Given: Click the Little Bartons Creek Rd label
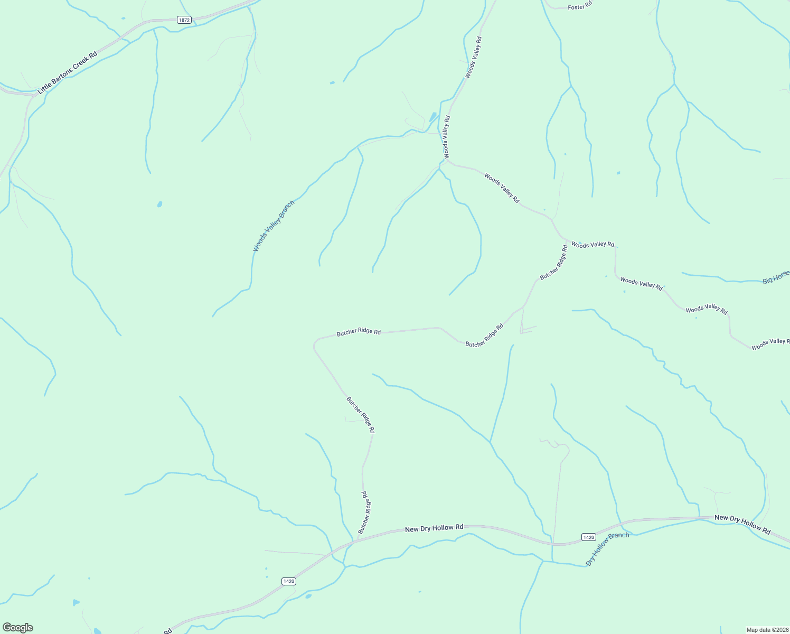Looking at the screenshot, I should click(x=68, y=73).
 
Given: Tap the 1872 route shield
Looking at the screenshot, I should click(x=184, y=20).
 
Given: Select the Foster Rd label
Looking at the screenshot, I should click(x=580, y=7).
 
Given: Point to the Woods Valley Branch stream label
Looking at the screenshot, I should click(x=274, y=226).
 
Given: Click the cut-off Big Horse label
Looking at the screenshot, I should click(x=776, y=277).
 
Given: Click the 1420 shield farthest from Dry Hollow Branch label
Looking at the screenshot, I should click(x=288, y=581).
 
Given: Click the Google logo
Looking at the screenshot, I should click(x=17, y=628).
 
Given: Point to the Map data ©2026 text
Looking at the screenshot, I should click(x=767, y=630).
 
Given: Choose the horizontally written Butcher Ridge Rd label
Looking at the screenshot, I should click(x=359, y=332).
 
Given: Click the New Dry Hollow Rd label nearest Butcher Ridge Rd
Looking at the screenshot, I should click(x=434, y=528).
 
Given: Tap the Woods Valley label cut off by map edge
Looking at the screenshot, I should click(x=770, y=344).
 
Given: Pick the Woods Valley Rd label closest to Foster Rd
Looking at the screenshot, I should click(x=473, y=58).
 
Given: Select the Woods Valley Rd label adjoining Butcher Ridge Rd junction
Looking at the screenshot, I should click(x=592, y=244).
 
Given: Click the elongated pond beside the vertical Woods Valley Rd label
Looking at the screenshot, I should click(x=433, y=117).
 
